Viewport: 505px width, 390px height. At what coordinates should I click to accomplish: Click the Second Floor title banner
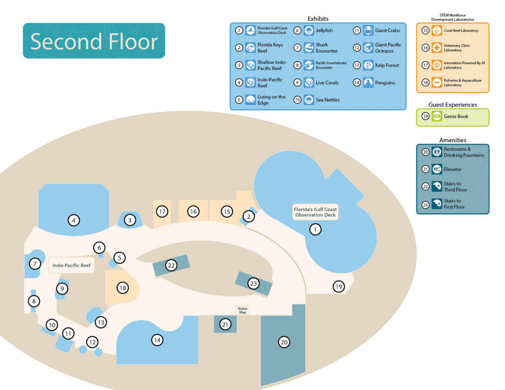pyautogui.click(x=94, y=41)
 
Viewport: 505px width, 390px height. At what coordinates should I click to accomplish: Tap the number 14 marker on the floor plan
pyautogui.click(x=157, y=340)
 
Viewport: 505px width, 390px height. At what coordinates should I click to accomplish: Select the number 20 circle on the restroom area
pyautogui.click(x=284, y=342)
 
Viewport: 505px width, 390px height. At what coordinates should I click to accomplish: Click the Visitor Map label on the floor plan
pyautogui.click(x=242, y=310)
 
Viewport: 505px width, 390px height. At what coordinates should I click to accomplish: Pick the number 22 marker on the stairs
pyautogui.click(x=171, y=265)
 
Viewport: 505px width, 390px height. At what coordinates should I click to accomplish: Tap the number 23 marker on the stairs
pyautogui.click(x=253, y=284)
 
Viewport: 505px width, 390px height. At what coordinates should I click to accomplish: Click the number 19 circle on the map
pyautogui.click(x=338, y=286)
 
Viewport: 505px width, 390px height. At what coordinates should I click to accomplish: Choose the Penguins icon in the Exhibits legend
pyautogui.click(x=368, y=83)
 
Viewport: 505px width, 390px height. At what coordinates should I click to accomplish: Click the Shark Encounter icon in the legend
pyautogui.click(x=309, y=48)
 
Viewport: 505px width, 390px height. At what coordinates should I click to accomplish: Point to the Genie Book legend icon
pyautogui.click(x=436, y=116)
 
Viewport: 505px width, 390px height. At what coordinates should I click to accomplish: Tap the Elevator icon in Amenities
pyautogui.click(x=436, y=169)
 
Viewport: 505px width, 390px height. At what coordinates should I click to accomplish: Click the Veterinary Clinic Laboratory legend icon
pyautogui.click(x=436, y=48)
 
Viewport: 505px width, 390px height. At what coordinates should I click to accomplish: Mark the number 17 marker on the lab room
pyautogui.click(x=162, y=212)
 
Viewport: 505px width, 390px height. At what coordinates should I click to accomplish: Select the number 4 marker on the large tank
pyautogui.click(x=73, y=220)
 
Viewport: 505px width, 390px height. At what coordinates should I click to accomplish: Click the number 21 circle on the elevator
pyautogui.click(x=225, y=324)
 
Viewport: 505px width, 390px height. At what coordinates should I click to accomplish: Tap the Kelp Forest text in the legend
pyautogui.click(x=387, y=65)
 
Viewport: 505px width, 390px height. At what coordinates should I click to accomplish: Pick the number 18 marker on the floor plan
pyautogui.click(x=122, y=287)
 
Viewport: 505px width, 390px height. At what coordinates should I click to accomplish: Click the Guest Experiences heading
pyautogui.click(x=453, y=105)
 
